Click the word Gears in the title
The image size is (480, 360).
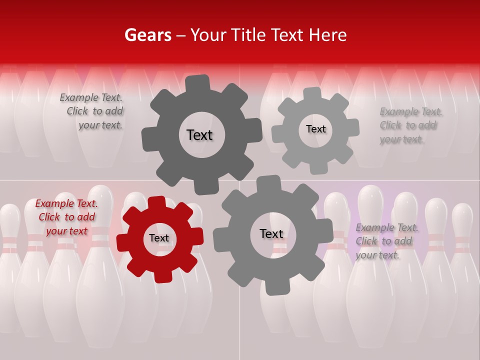(x=147, y=35)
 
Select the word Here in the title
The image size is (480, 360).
(x=327, y=35)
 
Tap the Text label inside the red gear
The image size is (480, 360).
(x=159, y=238)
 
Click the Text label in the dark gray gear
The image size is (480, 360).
(x=199, y=135)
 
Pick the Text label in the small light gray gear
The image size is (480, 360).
(x=316, y=129)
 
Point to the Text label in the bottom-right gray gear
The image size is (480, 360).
(x=271, y=233)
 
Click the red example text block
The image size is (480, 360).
(x=66, y=217)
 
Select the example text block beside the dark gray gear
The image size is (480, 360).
(x=92, y=111)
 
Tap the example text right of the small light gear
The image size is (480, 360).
(x=410, y=125)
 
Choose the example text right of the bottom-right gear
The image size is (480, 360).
(x=386, y=241)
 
